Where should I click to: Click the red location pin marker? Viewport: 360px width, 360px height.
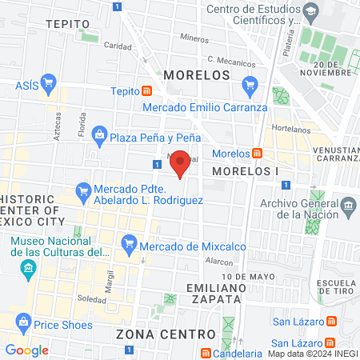click(181, 164)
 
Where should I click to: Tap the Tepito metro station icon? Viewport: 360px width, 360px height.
click(147, 92)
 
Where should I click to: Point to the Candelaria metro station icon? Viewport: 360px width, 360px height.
click(206, 353)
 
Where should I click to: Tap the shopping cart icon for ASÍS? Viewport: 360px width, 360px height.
click(48, 82)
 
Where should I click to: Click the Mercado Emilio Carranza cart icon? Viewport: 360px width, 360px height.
click(250, 82)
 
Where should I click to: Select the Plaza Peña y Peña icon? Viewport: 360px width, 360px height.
click(99, 137)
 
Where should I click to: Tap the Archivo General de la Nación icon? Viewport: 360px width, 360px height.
click(348, 209)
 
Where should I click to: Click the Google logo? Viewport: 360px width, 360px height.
click(26, 350)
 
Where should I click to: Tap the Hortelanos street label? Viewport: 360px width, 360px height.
click(290, 127)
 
